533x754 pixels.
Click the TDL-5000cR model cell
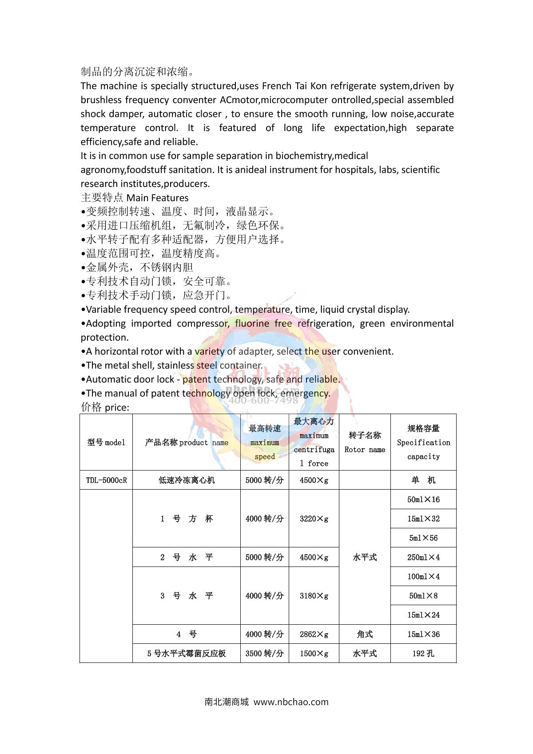coord(106,480)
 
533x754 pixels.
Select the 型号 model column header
coord(106,443)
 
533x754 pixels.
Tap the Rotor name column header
coord(365,443)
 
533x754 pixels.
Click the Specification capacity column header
coord(423,443)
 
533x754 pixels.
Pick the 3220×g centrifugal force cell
coord(314,519)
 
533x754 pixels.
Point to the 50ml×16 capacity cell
coord(423,499)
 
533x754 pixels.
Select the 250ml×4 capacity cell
coord(423,557)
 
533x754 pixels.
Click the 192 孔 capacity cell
coord(423,654)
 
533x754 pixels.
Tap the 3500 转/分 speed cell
coord(265,654)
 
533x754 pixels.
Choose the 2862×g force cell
coord(314,634)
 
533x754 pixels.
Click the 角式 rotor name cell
coord(365,634)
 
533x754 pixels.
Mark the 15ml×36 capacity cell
coord(423,634)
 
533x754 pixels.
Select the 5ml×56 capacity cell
coord(423,538)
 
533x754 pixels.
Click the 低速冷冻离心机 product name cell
coord(187,480)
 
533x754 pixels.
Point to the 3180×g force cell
coord(314,596)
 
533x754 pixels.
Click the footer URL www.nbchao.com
coord(291,702)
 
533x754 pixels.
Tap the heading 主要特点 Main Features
coord(135,198)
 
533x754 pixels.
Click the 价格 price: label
coord(105,407)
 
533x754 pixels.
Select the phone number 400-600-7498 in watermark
coord(263,400)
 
